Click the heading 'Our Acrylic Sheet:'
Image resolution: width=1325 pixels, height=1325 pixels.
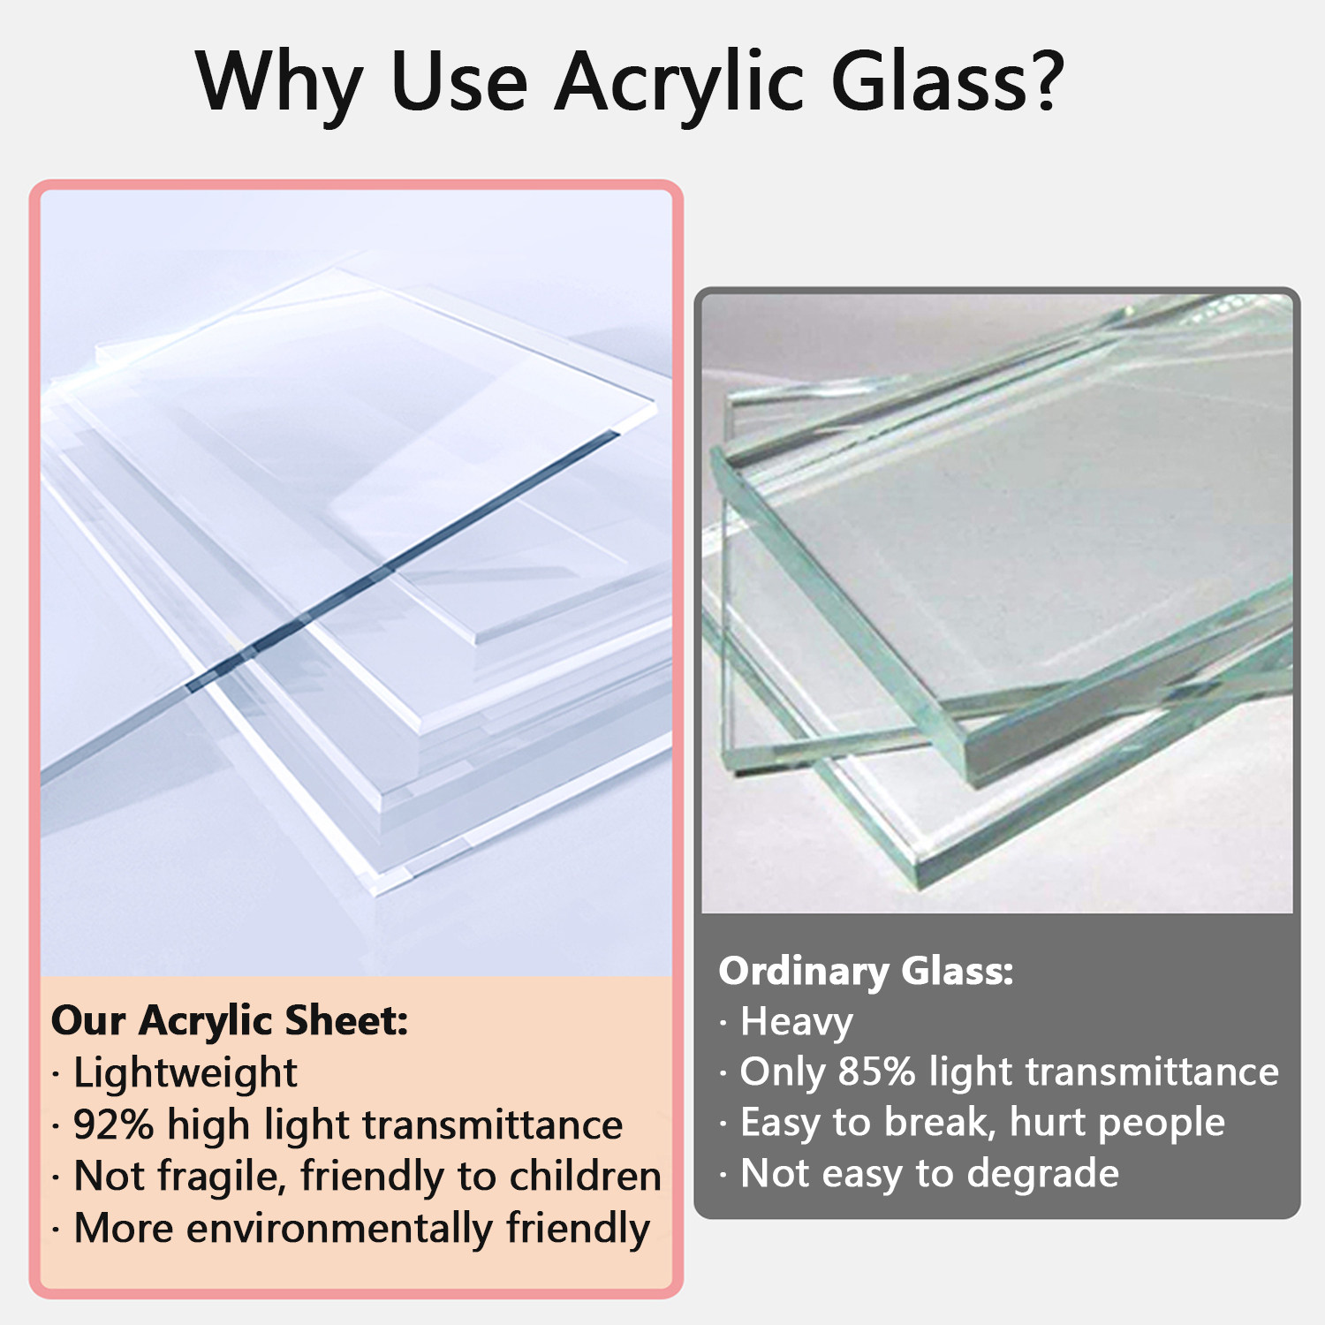pos(230,1022)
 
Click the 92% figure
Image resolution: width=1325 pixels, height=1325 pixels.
pos(114,1125)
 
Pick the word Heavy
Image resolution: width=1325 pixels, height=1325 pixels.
pos(797,1023)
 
